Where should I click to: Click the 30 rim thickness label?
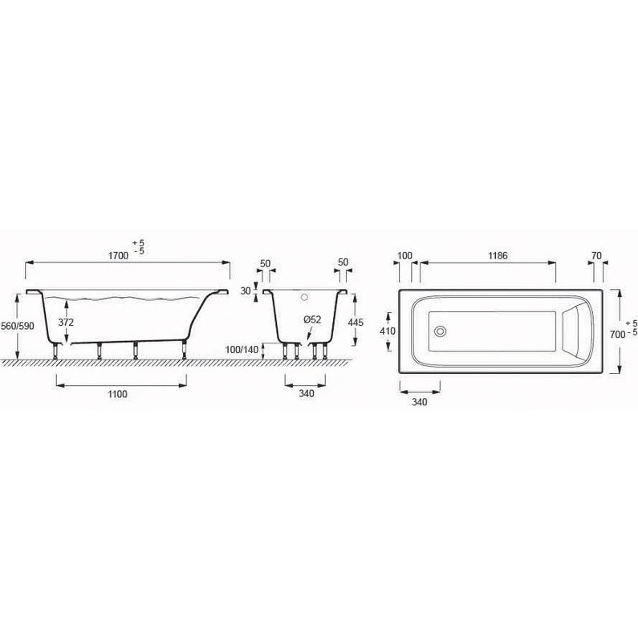pos(246,291)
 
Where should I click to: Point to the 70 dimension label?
pos(595,255)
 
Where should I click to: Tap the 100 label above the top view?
pos(404,255)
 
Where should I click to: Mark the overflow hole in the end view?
pos(303,296)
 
